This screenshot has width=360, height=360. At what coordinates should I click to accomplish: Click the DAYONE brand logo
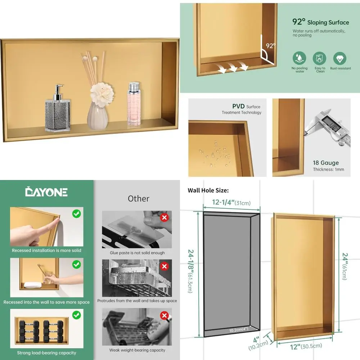click(x=46, y=192)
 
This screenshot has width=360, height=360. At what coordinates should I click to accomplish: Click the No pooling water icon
click(x=300, y=58)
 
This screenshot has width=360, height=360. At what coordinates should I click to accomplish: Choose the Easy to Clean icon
click(x=320, y=58)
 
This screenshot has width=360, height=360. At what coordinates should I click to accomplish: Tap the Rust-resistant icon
click(x=340, y=58)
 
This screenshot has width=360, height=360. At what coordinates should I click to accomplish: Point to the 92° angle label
click(x=270, y=46)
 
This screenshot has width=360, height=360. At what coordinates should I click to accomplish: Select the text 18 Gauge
click(x=326, y=163)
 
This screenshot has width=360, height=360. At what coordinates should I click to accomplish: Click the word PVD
click(x=238, y=107)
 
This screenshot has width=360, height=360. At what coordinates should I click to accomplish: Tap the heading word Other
click(x=139, y=198)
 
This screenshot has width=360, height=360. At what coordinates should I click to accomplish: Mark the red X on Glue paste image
click(x=165, y=217)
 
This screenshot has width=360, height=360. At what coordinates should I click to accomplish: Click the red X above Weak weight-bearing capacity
click(x=165, y=316)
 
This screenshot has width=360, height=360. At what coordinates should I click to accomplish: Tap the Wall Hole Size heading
click(x=208, y=190)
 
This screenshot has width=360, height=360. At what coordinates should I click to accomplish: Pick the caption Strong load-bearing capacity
click(x=46, y=353)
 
